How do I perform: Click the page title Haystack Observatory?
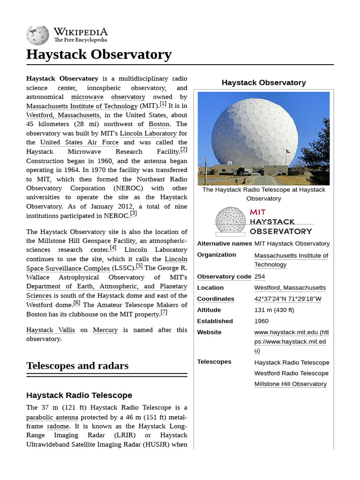point(99,54)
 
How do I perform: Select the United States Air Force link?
point(80,142)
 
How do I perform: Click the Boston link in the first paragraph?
point(159,124)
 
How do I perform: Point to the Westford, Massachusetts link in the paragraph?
point(63,115)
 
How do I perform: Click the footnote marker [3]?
point(134,213)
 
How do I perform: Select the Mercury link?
point(105,330)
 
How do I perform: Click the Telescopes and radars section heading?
point(77,366)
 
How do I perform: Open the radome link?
point(58,426)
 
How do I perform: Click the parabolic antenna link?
point(52,417)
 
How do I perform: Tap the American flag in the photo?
point(288,151)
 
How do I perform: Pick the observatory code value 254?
point(260,277)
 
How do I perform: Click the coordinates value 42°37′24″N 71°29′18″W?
point(288,299)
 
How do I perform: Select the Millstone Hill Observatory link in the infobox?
point(291,384)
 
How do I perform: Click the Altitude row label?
point(209,310)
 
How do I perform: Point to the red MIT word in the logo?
point(258,212)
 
